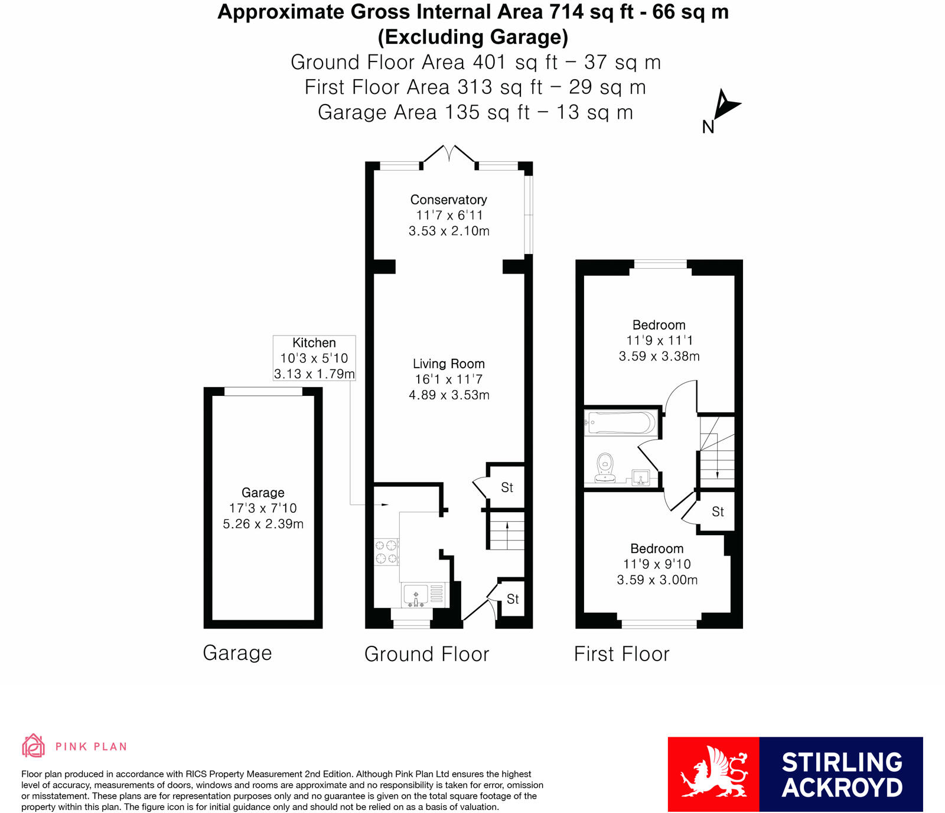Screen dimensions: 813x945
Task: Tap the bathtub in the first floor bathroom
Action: (x=621, y=423)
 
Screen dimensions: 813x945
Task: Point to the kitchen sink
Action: (x=416, y=595)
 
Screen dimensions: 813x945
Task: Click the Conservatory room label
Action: (x=449, y=200)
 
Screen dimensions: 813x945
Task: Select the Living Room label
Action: (x=449, y=364)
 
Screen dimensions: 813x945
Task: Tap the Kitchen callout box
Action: (x=314, y=358)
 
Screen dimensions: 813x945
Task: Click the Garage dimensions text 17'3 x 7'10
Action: (x=263, y=508)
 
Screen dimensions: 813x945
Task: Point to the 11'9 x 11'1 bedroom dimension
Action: (x=659, y=340)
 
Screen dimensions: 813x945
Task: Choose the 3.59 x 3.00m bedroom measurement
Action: (x=657, y=580)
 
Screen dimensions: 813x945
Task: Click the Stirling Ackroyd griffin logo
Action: (x=713, y=774)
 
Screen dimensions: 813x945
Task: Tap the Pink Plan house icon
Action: (x=33, y=746)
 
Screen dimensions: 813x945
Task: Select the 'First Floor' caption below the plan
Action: (x=622, y=654)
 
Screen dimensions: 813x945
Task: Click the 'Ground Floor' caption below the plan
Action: (x=427, y=654)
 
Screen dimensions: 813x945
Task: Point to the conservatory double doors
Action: (x=449, y=155)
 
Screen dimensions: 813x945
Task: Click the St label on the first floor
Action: (x=718, y=512)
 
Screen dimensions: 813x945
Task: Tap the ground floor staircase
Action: (x=506, y=531)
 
